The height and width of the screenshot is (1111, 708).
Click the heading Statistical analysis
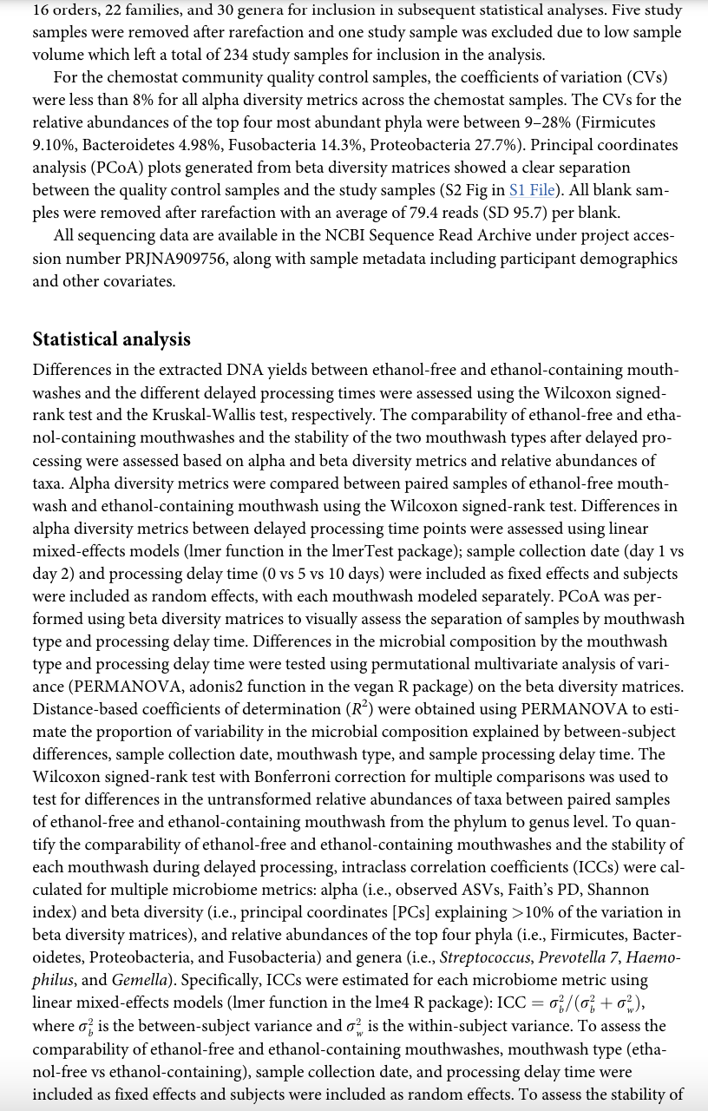pyautogui.click(x=111, y=339)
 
